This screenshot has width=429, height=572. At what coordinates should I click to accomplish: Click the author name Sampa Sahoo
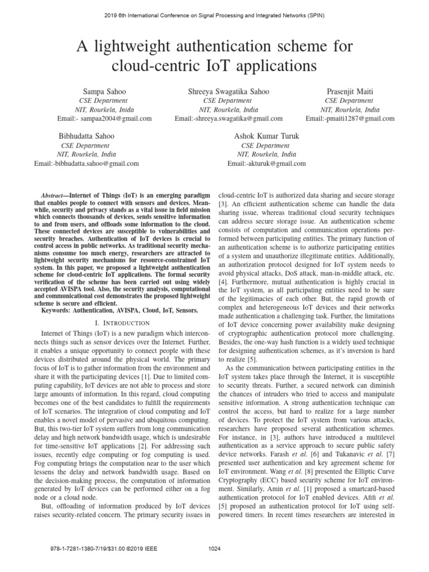104,92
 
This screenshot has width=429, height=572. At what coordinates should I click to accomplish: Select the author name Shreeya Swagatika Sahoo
228,92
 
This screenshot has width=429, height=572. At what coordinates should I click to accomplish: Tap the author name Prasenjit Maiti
350,92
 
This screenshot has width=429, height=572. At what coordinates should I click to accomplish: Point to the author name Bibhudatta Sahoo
87,136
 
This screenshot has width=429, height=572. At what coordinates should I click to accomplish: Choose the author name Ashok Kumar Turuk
266,136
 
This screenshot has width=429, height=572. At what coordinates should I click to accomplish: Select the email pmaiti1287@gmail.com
357,118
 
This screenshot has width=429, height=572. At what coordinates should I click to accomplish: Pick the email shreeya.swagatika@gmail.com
237,118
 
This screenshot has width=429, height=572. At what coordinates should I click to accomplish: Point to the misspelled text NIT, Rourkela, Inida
104,109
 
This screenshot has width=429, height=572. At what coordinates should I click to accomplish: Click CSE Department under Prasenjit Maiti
350,101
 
